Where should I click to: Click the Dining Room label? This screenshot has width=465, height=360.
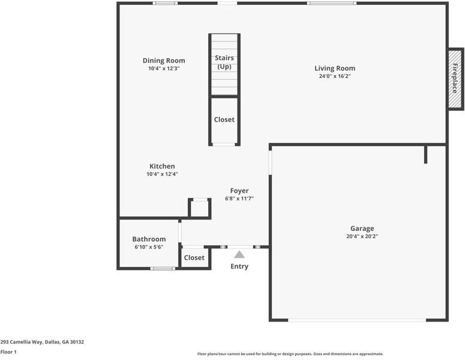coord(164,61)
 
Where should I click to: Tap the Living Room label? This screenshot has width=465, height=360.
coord(335,68)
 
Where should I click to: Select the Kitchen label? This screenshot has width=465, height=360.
coord(162,166)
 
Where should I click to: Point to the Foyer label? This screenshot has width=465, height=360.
coord(239,191)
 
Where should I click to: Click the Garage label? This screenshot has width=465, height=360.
coord(362,229)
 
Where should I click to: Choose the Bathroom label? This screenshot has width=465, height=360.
coord(149,239)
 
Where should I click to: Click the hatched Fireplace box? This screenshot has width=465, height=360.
coord(455,79)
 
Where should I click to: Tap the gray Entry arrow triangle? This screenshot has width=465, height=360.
coord(239,254)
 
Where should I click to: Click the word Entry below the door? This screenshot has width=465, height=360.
coord(239,266)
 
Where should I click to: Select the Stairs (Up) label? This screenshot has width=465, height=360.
coord(224,62)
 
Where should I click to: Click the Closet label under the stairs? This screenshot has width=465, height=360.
coord(224,119)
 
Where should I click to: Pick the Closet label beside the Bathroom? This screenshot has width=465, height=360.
coord(194,258)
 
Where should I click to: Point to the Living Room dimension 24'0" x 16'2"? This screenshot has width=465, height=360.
coord(335,76)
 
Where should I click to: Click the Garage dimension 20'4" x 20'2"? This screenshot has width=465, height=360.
coord(362,236)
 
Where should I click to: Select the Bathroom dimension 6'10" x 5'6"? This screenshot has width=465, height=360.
coord(149,247)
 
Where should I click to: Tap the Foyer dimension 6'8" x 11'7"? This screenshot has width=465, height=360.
coord(239,199)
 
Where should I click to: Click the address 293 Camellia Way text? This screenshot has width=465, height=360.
coord(42,342)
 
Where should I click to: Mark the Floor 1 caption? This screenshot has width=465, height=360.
coord(8,352)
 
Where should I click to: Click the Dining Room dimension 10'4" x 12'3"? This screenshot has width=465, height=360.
coord(164,68)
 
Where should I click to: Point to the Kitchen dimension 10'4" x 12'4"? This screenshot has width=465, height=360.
coord(162,174)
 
